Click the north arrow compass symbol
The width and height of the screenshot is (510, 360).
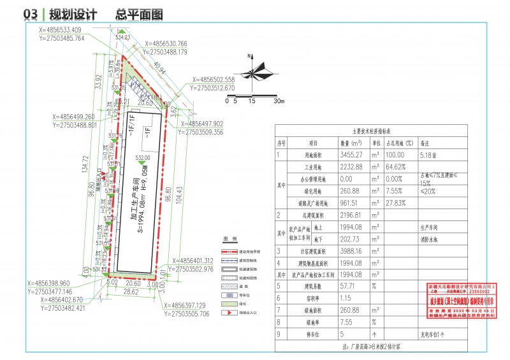point(253,74)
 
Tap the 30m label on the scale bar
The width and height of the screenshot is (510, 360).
point(278,101)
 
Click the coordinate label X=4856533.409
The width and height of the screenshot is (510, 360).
point(61,30)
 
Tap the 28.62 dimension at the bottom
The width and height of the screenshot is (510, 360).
point(131,291)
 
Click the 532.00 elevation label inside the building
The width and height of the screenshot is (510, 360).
point(142,157)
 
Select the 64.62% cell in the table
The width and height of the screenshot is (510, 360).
point(398,167)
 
